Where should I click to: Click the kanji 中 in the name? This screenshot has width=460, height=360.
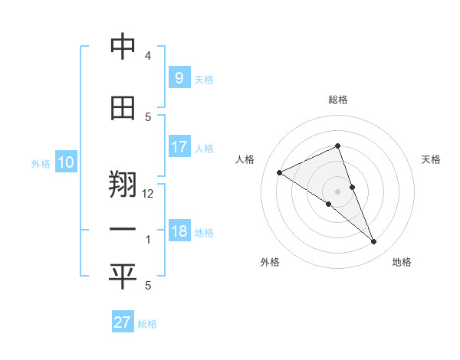(123, 47)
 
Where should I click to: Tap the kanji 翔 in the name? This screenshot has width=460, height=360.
(123, 186)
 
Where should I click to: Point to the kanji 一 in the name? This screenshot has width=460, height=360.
(123, 230)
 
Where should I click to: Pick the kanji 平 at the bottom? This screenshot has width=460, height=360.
(123, 277)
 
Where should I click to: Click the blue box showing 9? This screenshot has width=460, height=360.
(179, 77)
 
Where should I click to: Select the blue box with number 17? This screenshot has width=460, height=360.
(179, 146)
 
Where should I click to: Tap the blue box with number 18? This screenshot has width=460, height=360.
(179, 231)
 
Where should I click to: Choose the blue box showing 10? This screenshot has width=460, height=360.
(66, 162)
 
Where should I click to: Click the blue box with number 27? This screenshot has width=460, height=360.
(123, 322)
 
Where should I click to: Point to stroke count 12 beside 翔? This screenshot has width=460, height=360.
(148, 194)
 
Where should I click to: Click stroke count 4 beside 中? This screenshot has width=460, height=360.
(148, 56)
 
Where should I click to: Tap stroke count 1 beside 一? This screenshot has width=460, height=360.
(148, 240)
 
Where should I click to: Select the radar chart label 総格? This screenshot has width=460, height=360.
(337, 100)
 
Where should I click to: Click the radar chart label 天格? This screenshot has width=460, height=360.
(432, 159)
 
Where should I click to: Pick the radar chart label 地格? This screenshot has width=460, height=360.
(402, 262)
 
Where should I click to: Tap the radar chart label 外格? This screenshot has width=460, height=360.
(270, 262)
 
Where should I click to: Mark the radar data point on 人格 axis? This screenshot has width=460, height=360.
(280, 172)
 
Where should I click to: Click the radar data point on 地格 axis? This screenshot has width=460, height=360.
(374, 242)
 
